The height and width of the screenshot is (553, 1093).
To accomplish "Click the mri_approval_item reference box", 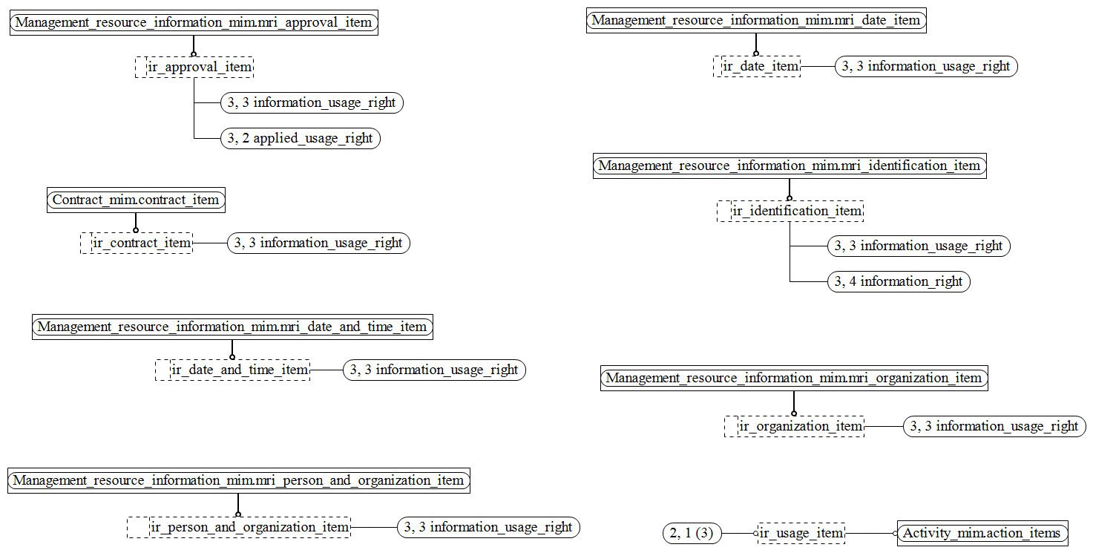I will coord(194,23).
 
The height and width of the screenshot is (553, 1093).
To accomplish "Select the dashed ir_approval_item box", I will coord(194,68).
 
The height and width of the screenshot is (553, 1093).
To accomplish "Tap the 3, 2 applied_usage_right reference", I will coord(301,139).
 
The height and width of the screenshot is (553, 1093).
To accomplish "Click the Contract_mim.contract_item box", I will coord(136,200).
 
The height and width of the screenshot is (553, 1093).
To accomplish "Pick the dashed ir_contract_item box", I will coord(137,243).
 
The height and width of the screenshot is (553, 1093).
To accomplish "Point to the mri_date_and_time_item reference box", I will coord(232,327).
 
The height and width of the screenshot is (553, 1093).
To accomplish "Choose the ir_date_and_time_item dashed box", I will coord(232,370).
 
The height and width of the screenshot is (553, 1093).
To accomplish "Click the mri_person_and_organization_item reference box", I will coord(238,481).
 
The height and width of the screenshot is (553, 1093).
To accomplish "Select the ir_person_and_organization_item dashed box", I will coord(238,527).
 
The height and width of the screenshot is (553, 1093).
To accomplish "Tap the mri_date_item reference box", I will coord(756,21).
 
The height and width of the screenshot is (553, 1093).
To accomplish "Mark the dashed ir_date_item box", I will coord(757,66).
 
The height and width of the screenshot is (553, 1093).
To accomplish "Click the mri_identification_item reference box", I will coord(790,166).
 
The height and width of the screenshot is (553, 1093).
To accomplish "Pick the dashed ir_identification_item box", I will coord(790,211).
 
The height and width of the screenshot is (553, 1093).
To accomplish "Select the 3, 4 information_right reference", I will coord(899,282).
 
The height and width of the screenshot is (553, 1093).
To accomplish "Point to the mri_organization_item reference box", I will coord(794,379).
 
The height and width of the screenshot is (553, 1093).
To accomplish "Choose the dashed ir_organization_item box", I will coord(794,426).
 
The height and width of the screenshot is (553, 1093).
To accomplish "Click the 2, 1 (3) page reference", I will coord(692,533).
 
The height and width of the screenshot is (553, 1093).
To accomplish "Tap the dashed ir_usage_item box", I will coord(801,533).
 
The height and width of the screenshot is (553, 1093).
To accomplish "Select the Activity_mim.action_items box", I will coord(982,533).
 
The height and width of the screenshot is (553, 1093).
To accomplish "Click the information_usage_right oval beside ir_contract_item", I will coord(319,243).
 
